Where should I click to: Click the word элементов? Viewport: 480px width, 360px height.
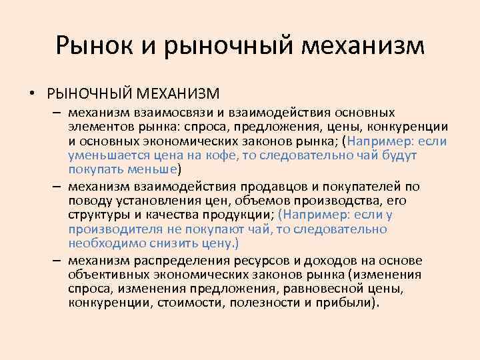[x=97, y=127]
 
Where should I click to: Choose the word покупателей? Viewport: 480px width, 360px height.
[x=341, y=186]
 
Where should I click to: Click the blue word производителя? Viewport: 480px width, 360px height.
[x=111, y=229]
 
